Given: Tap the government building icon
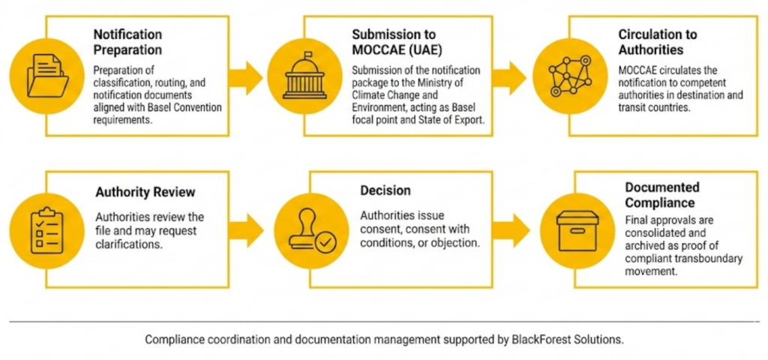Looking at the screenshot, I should coord(304,76).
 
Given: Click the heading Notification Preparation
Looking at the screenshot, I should coord(127,43).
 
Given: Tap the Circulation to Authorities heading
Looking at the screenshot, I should coord(658,43).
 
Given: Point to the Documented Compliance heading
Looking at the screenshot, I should coord(662,195).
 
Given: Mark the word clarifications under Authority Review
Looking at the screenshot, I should coord(129,244).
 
